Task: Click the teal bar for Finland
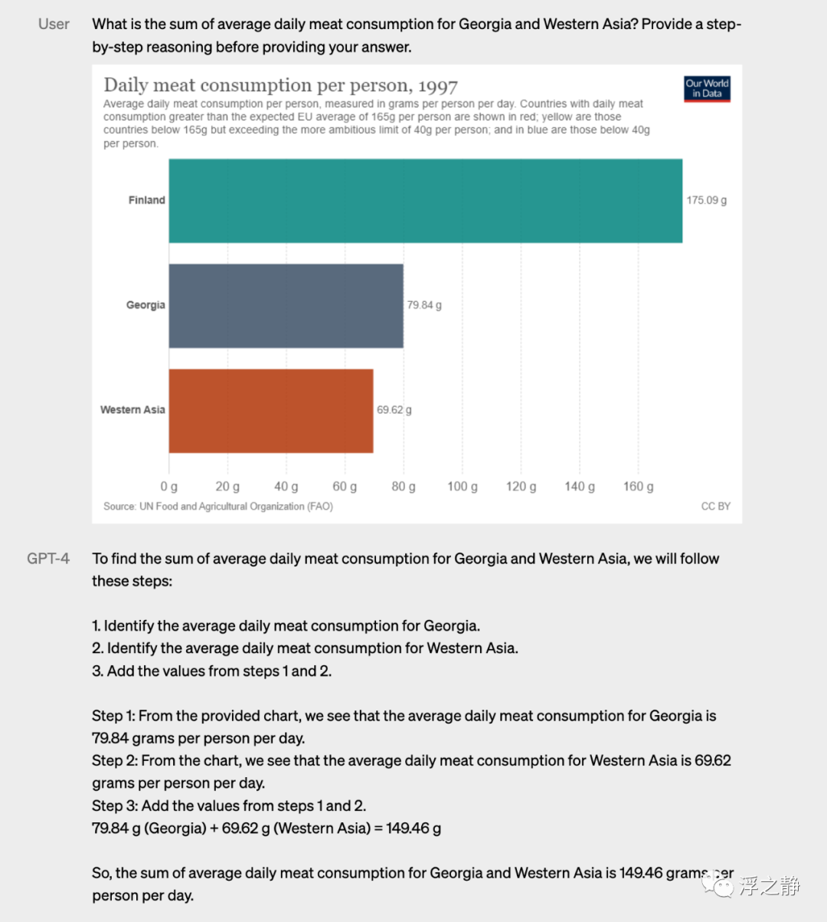click(425, 201)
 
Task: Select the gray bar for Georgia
click(286, 306)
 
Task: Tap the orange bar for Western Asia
click(271, 411)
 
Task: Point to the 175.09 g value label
click(706, 201)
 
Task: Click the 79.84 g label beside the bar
click(424, 305)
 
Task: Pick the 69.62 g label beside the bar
click(394, 410)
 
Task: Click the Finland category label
click(146, 200)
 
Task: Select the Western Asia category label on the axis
click(132, 410)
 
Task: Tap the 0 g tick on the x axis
click(169, 487)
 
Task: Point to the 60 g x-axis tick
click(345, 487)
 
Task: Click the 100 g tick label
click(463, 487)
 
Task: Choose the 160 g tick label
click(638, 487)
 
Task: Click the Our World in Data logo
click(707, 89)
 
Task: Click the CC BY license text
click(715, 507)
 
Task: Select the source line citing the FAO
click(218, 507)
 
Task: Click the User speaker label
click(54, 25)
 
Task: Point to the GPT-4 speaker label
click(48, 559)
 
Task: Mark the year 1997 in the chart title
click(438, 86)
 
